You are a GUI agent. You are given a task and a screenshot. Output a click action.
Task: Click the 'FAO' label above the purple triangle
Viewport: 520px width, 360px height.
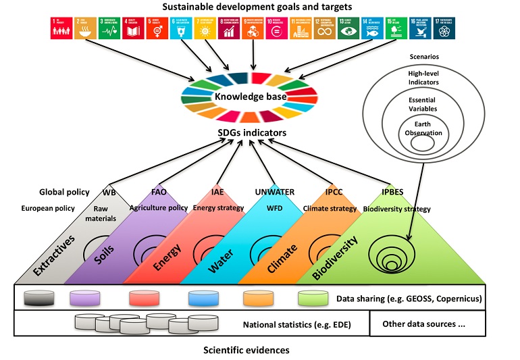159,192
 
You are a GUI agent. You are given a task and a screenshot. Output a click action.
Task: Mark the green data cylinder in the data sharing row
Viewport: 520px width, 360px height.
312,298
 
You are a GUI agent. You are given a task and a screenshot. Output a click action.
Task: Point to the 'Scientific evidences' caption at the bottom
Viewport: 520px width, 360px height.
248,350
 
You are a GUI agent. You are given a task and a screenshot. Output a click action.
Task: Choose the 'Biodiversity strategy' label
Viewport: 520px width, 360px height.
398,209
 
